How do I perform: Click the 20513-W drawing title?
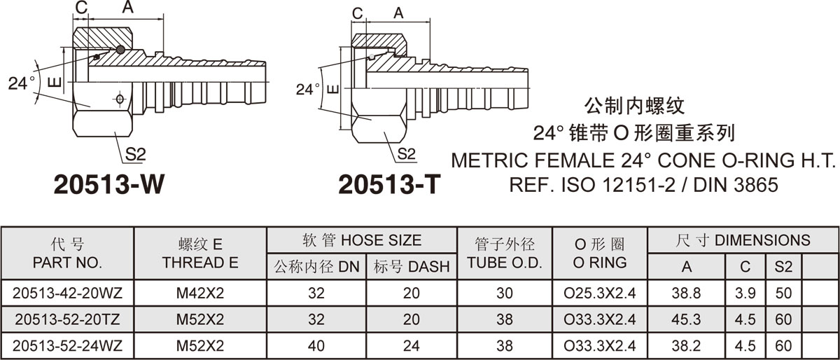pos(109,184)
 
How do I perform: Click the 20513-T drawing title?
pos(389,184)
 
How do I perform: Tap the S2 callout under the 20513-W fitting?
pos(135,154)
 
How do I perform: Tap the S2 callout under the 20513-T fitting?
pos(407,153)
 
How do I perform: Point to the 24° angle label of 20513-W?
pos(22,83)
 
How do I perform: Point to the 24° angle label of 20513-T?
pos(308,90)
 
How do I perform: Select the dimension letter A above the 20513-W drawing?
pos(128,6)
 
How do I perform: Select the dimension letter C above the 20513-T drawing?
pos(358,14)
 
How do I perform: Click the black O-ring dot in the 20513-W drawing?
pos(120,49)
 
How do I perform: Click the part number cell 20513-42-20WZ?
pos(67,293)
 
